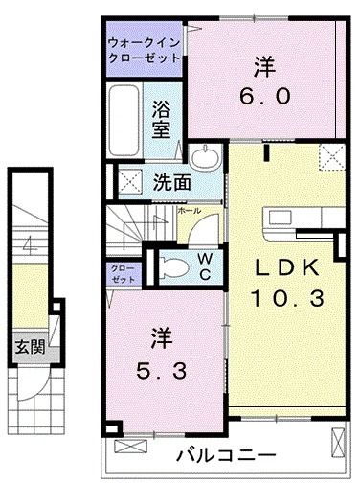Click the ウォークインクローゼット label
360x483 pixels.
[145, 51]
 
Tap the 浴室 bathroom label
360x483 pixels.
[161, 119]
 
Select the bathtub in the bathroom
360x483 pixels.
[124, 120]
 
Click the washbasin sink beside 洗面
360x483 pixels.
[205, 156]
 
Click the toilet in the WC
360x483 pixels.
[174, 266]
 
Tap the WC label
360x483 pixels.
[205, 266]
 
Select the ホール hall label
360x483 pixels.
[190, 211]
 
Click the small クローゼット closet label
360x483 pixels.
[123, 274]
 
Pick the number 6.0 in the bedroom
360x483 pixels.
[265, 96]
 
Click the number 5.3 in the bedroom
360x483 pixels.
[161, 371]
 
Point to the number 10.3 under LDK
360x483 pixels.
[287, 298]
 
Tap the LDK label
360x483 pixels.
[286, 267]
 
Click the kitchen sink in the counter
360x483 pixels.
[281, 218]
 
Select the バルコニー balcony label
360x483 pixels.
[226, 455]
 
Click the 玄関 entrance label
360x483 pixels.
[31, 346]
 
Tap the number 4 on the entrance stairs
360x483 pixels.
[31, 246]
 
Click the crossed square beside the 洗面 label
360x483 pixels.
[130, 181]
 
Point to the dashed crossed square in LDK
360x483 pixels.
[332, 157]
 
